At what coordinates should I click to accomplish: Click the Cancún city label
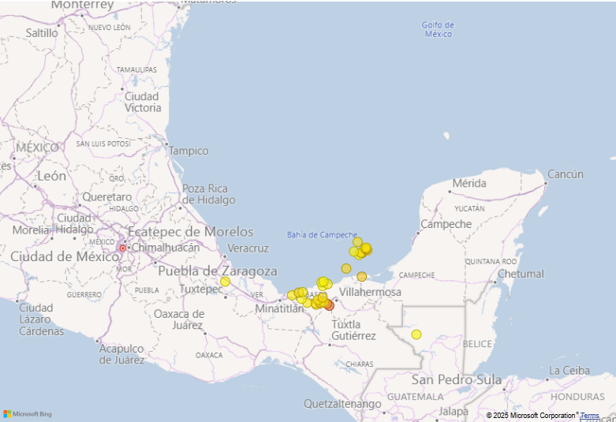566,174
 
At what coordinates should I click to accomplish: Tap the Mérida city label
469,184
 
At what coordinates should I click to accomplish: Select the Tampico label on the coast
189,151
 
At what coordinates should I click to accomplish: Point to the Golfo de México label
438,29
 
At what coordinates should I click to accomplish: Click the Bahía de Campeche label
322,235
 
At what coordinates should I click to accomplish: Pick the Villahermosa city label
370,293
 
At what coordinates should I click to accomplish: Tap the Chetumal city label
521,274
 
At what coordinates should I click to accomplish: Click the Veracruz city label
248,248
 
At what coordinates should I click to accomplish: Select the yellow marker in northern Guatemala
416,334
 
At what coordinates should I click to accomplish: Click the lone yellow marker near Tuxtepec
225,282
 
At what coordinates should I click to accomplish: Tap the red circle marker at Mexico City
122,248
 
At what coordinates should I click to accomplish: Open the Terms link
590,416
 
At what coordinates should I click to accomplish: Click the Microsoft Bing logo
28,414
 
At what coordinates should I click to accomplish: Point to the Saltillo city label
42,33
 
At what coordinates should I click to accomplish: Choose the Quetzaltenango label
342,404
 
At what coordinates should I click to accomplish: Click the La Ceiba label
569,371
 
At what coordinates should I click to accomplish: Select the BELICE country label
478,344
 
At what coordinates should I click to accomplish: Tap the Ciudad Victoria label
143,102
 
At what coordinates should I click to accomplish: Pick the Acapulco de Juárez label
121,354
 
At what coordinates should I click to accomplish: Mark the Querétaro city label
107,196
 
